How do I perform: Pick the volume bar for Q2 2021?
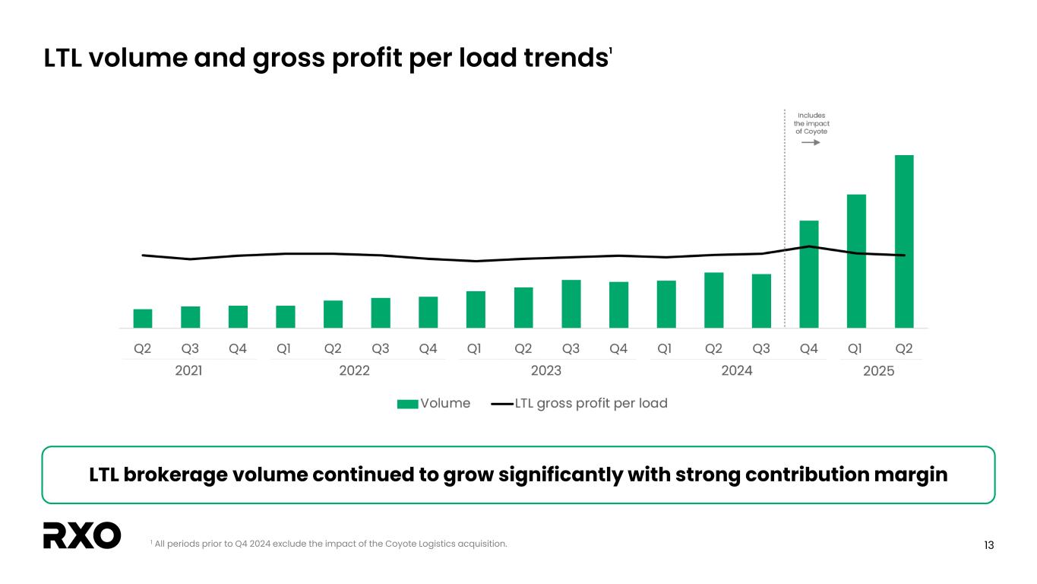143,318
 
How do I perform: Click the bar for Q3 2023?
571,303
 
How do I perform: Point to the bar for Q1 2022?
286,316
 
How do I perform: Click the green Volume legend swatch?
407,404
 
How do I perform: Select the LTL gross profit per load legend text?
591,403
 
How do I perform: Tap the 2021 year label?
188,371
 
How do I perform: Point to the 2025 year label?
879,371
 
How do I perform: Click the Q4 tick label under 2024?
809,349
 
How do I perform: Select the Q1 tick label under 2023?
475,349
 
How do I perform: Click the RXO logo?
82,535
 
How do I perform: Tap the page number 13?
988,545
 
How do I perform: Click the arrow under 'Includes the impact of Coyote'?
811,142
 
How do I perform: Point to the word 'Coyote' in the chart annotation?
811,132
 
